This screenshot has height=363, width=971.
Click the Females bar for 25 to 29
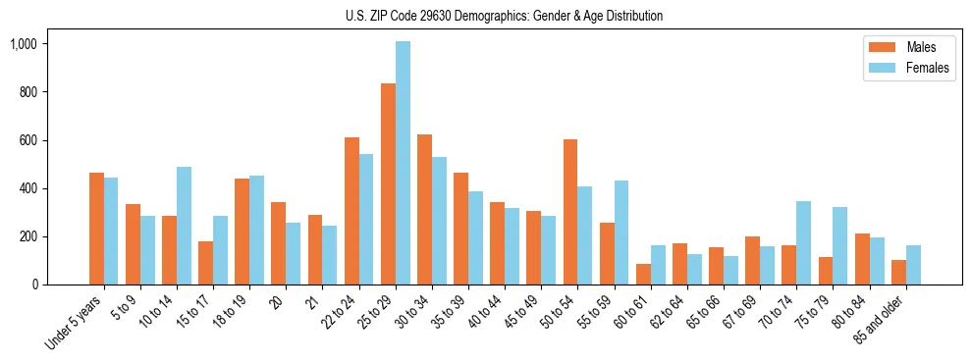click(403, 163)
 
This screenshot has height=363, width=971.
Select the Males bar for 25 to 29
click(388, 183)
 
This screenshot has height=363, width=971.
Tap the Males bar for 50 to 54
click(570, 212)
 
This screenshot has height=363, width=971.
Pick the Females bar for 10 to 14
click(184, 226)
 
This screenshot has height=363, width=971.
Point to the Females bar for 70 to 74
click(804, 242)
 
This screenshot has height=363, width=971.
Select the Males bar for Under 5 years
click(96, 229)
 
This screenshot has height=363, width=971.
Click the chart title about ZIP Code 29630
click(504, 16)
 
